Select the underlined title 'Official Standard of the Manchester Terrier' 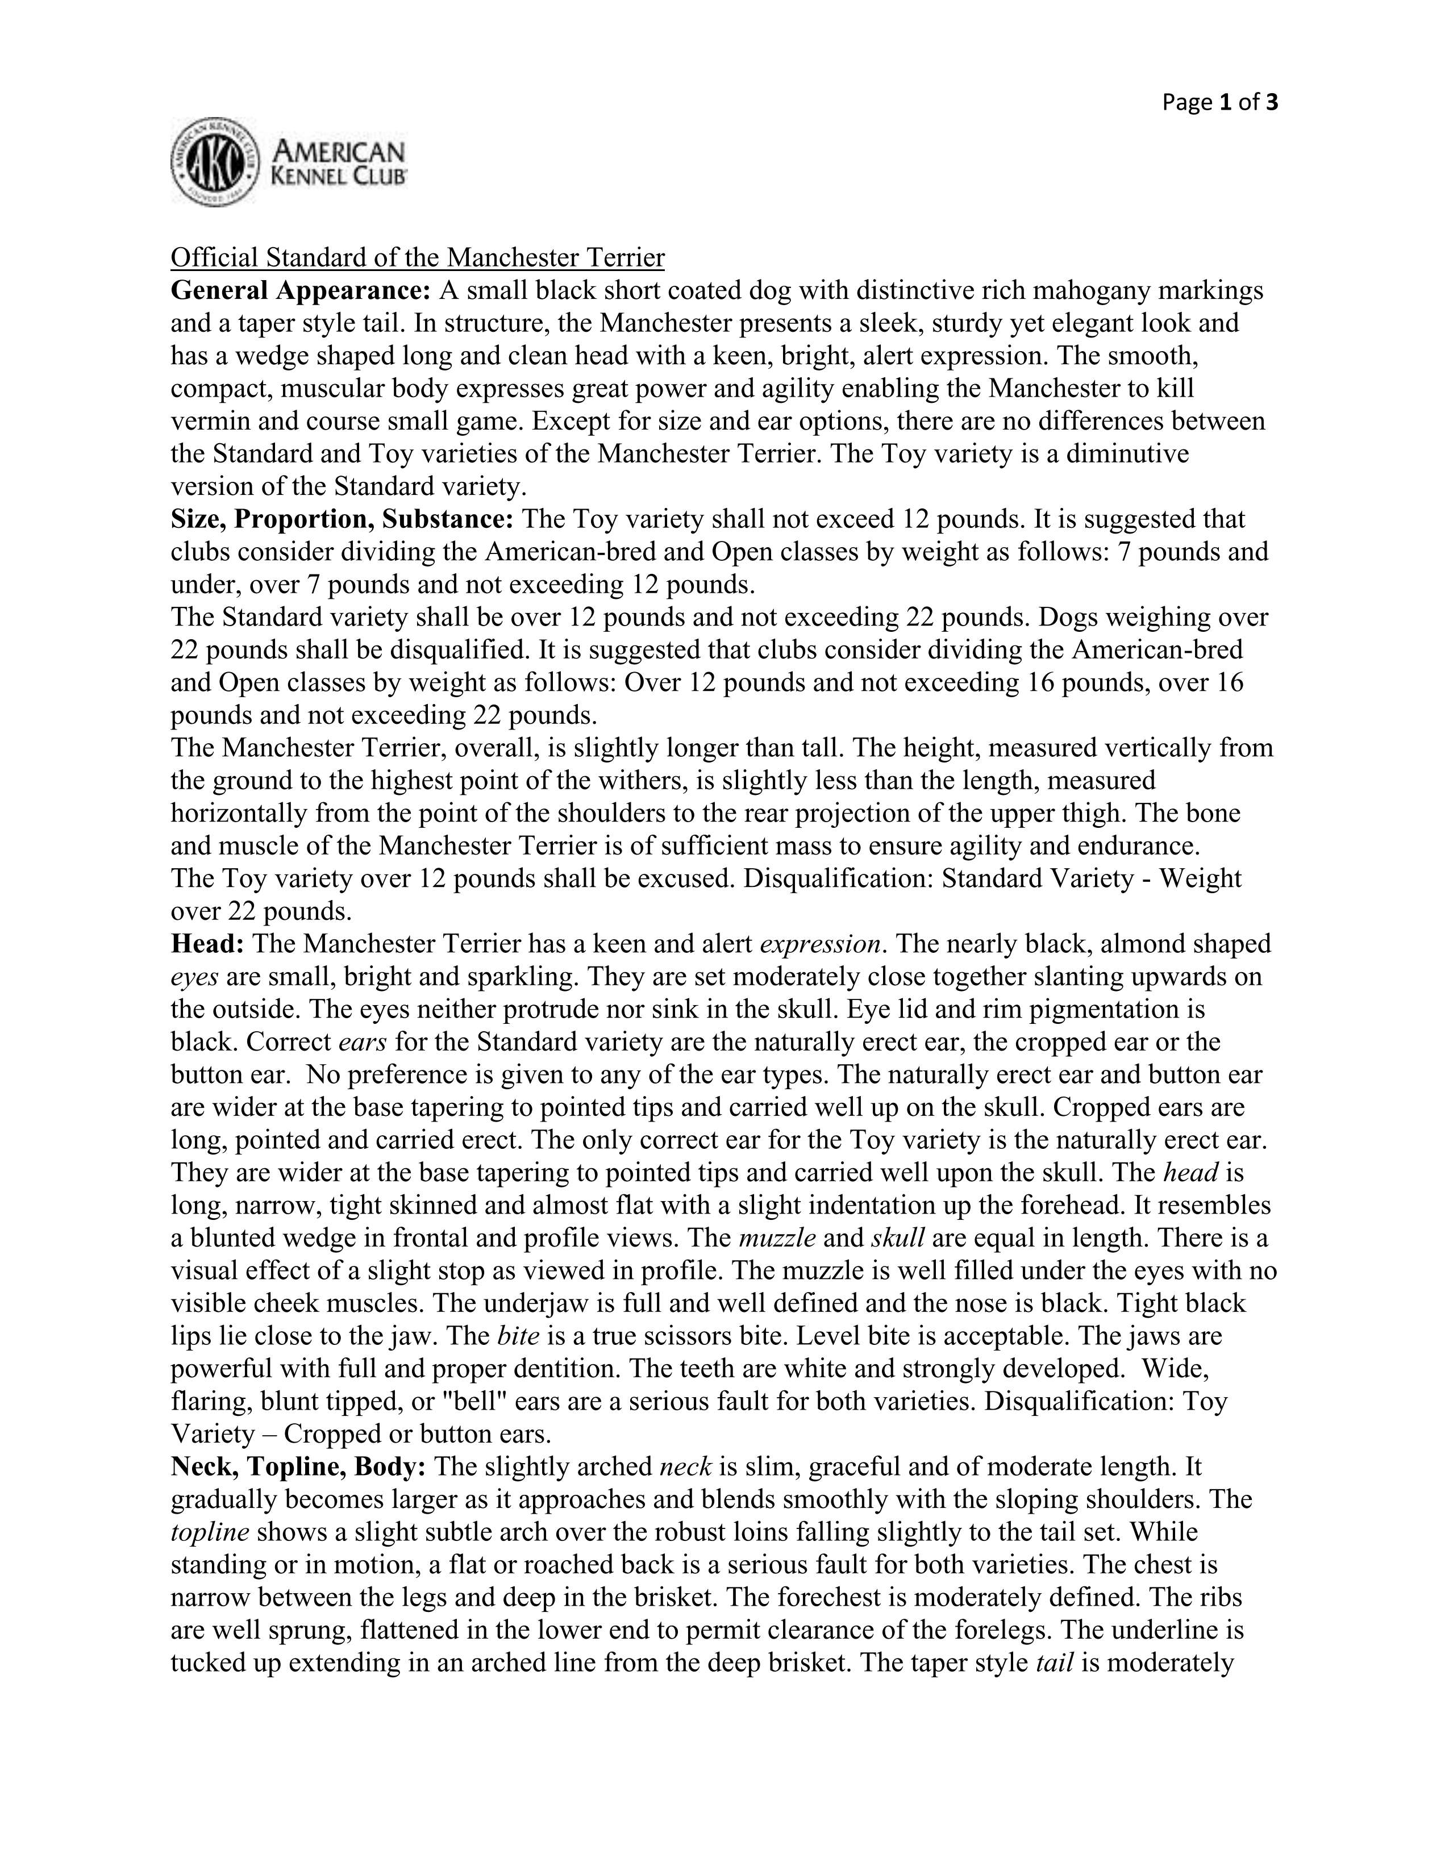click(417, 257)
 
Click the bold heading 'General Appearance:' click(301, 291)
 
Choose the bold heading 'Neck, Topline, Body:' click(298, 1466)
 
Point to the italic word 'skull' click(897, 1238)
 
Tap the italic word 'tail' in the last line click(1055, 1663)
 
